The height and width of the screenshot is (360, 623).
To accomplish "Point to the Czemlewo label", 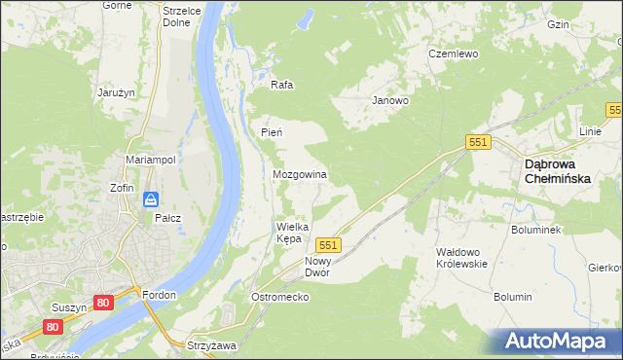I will (454, 54).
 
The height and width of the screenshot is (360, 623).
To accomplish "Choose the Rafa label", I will (281, 85).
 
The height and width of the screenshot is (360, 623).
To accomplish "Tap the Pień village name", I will (272, 131).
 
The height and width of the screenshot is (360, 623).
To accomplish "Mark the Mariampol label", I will (150, 159).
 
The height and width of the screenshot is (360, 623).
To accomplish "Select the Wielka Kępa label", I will (293, 232).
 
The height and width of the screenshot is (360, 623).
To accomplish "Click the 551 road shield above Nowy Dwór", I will (329, 246).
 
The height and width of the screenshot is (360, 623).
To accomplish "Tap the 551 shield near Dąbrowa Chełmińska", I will (477, 142).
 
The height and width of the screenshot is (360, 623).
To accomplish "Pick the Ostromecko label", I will (279, 296).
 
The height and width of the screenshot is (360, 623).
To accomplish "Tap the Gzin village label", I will (586, 23).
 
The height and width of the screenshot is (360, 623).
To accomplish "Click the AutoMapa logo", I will (558, 342).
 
